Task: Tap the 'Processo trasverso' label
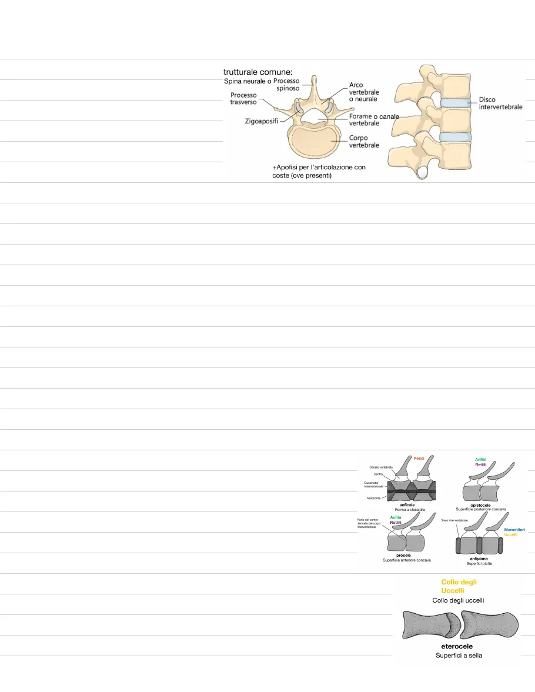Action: pyautogui.click(x=243, y=98)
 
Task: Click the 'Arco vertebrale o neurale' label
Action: pyautogui.click(x=364, y=92)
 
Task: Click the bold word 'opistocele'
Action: pyautogui.click(x=481, y=504)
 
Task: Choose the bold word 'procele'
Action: pyautogui.click(x=403, y=555)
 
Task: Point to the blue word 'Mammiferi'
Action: pyautogui.click(x=514, y=529)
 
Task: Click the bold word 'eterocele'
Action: pyautogui.click(x=457, y=646)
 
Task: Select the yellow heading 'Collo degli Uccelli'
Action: pyautogui.click(x=459, y=586)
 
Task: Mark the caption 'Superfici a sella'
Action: pyautogui.click(x=459, y=655)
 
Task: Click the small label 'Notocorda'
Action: pyautogui.click(x=372, y=497)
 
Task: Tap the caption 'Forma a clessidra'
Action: pyautogui.click(x=410, y=510)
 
